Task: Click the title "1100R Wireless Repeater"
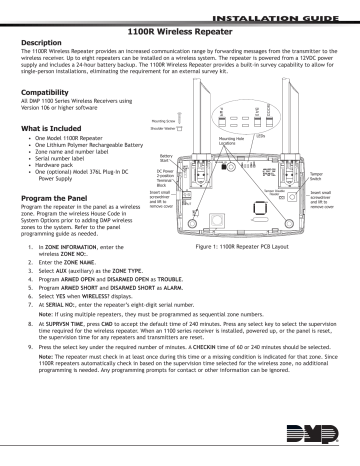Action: pyautogui.click(x=180, y=32)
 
